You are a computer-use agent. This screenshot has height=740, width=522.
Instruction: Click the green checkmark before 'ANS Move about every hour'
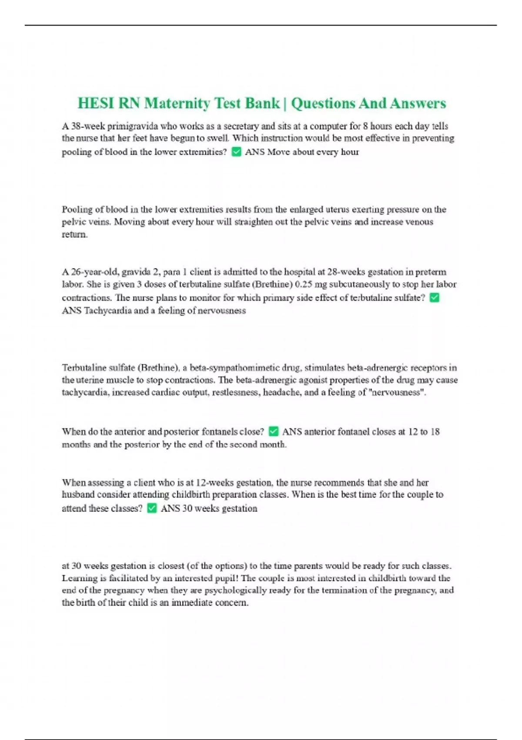click(x=236, y=152)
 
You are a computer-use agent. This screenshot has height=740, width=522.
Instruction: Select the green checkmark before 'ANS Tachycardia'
click(x=434, y=298)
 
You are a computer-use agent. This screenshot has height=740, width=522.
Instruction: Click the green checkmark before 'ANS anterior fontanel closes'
click(x=273, y=431)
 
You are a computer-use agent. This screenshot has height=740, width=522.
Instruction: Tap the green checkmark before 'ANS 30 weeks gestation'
click(x=152, y=508)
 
